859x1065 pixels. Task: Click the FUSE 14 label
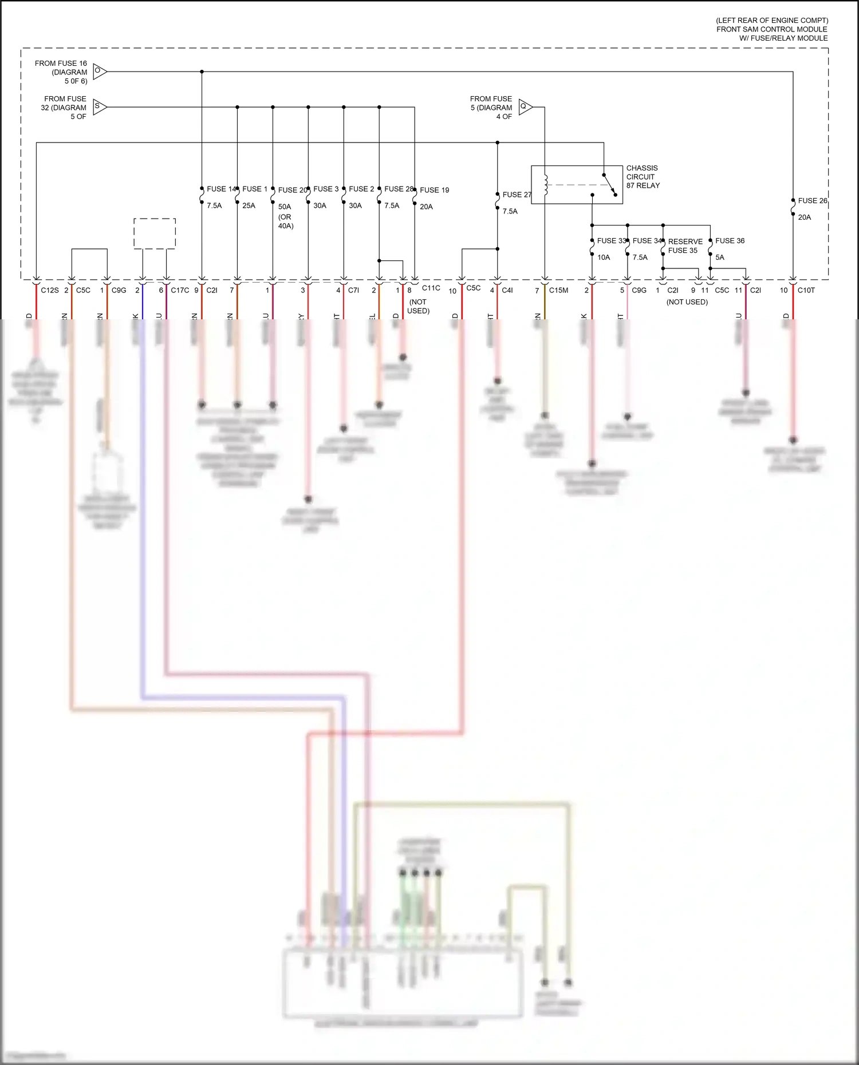[220, 189]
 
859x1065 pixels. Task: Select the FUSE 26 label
[812, 201]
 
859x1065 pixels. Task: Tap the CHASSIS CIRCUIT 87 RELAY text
[643, 177]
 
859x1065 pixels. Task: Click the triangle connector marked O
[99, 71]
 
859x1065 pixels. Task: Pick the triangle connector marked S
[99, 106]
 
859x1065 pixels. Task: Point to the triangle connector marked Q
[525, 106]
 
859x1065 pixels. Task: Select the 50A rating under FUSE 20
[285, 207]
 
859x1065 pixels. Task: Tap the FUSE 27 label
[517, 195]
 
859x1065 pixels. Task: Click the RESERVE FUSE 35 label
[684, 246]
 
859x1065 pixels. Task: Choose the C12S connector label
[50, 290]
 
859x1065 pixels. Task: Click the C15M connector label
[558, 290]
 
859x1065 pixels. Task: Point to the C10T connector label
[806, 290]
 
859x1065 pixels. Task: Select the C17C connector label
[180, 290]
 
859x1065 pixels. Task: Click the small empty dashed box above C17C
[155, 233]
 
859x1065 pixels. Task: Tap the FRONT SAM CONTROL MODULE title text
[771, 29]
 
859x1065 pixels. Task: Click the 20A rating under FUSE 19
[426, 207]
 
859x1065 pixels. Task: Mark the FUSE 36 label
[730, 241]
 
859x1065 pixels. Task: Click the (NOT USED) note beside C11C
[418, 306]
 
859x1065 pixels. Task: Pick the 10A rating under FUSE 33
[604, 258]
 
